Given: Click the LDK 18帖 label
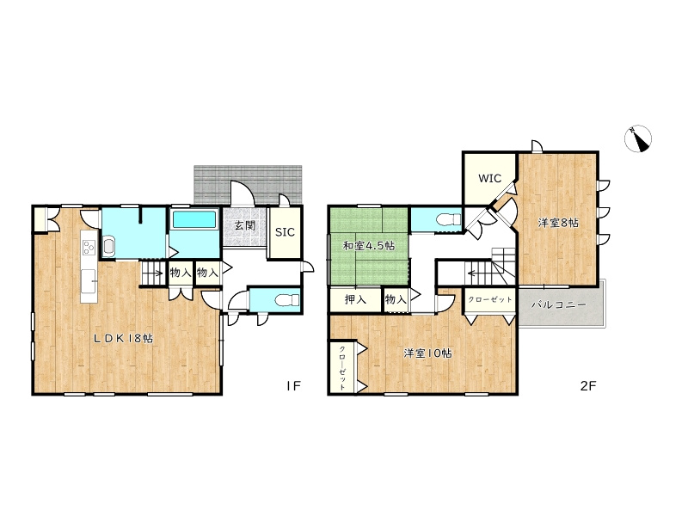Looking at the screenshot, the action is point(124,338).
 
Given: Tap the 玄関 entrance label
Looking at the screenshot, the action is point(244,225).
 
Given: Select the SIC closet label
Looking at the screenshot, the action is point(285,232).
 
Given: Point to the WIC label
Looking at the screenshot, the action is point(489,178).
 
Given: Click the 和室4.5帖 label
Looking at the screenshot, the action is point(369,246).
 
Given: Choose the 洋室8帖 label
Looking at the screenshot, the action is point(558,223).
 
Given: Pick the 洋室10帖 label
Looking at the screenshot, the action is point(427,353).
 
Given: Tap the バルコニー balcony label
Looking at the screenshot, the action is point(558,304).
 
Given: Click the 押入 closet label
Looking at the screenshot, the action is point(355,299).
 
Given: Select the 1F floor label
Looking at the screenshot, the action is point(293,385).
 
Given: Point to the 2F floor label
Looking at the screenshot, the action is point(588,385).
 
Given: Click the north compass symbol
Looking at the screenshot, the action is point(638,138).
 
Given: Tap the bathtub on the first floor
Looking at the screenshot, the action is point(194,219).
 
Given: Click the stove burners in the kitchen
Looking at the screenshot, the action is point(89,248).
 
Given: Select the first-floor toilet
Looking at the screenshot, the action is point(287,300).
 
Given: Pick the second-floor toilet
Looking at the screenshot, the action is point(449,218).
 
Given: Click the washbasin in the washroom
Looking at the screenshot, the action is point(108,245).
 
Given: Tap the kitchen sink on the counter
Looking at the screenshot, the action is point(89,278).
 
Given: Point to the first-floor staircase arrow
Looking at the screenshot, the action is point(155,274).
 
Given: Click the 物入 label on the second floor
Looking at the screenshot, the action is point(396,299).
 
